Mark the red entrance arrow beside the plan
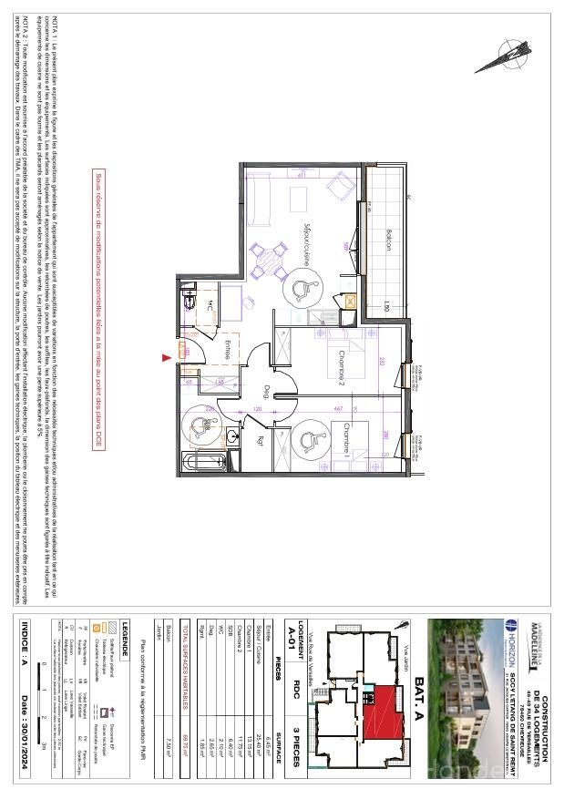point(167,358)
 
